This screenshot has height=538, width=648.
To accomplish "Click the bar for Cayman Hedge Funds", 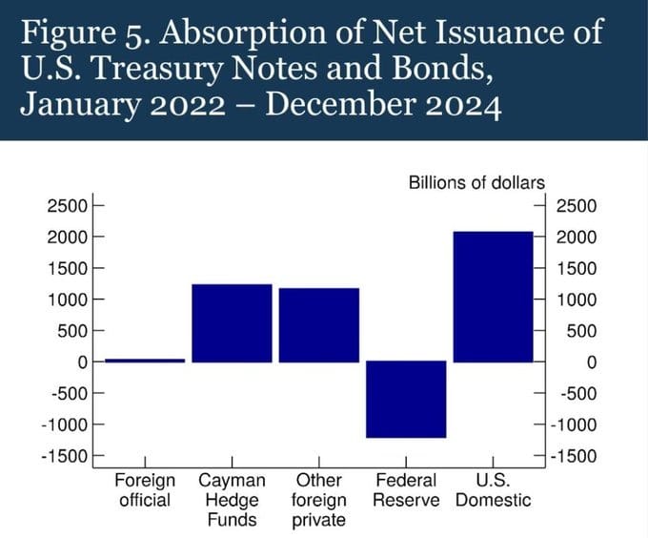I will [232, 323].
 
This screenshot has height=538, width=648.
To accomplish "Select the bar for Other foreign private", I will [318, 325].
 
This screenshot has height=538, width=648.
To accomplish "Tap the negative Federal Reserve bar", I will [406, 399].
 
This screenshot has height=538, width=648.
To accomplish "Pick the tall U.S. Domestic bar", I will [493, 297].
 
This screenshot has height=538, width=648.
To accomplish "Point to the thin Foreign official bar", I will [145, 361].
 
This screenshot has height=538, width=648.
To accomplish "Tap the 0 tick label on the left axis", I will [82, 362].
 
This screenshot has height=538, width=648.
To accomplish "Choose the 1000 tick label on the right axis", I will [576, 300].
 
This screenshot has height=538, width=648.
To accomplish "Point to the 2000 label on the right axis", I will [576, 237].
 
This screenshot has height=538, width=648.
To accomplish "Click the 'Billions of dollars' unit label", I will [476, 182].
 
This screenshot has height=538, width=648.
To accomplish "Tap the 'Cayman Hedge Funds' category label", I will [232, 500].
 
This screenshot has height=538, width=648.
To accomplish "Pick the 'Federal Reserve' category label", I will [406, 490].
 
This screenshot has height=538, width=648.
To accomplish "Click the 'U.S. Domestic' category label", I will [493, 490].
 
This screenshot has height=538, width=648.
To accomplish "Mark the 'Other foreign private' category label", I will [318, 500].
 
